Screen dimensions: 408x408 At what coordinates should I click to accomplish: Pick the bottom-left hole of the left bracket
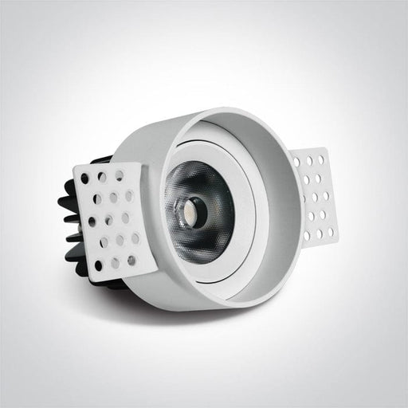pyautogui.click(x=99, y=266)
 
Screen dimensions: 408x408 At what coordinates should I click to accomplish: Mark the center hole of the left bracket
pyautogui.click(x=112, y=217)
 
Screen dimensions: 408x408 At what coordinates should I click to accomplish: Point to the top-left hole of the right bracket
pyautogui.click(x=296, y=162)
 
